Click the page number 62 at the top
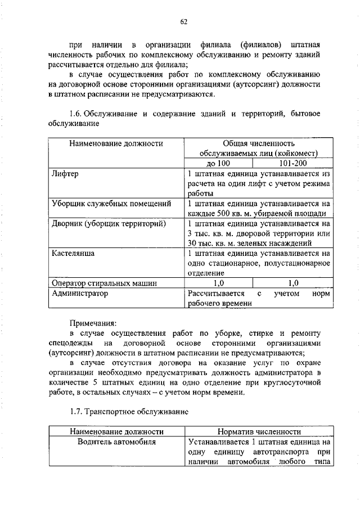(183, 22)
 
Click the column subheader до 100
(219, 163)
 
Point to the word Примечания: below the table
(93, 323)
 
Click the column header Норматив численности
(258, 432)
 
